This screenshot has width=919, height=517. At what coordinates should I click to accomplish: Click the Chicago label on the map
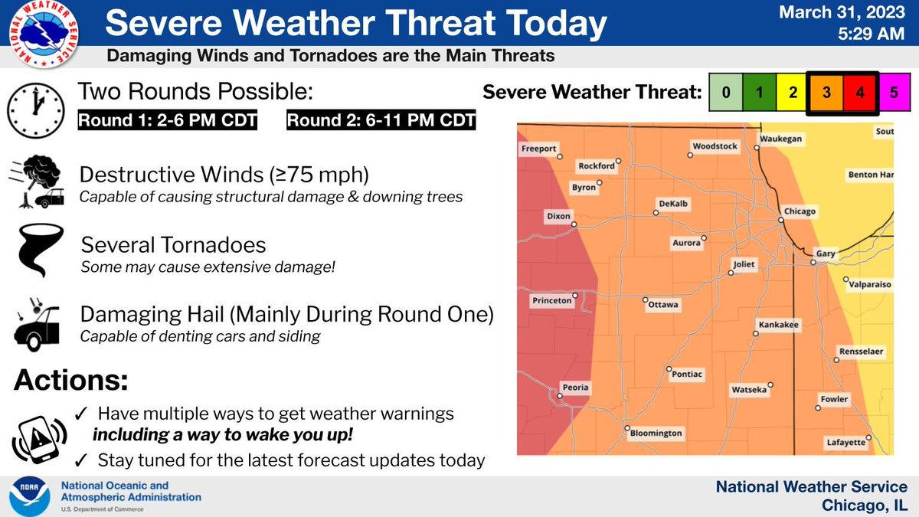[x=800, y=211]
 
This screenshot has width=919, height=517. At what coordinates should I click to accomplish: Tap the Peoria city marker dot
[x=560, y=396]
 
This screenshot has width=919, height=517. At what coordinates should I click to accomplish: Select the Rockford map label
[x=597, y=165]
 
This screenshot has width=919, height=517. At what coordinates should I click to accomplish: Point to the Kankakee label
[x=778, y=325]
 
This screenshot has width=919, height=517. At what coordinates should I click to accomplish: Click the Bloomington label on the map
[x=656, y=433]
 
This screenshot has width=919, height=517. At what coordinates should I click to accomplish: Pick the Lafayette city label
[x=846, y=443]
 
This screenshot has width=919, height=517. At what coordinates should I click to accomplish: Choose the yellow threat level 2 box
[x=793, y=93]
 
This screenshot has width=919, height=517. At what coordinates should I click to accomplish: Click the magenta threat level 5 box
[x=894, y=93]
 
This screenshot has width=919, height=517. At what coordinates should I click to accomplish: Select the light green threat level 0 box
[x=726, y=93]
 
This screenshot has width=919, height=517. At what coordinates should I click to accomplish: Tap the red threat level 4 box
[x=860, y=93]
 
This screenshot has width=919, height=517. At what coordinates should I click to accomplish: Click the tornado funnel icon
[x=40, y=250]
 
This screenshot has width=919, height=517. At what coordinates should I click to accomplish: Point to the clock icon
[x=36, y=110]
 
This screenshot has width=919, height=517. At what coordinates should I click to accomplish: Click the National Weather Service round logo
[x=44, y=33]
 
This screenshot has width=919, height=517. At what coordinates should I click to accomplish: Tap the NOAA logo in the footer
[x=30, y=496]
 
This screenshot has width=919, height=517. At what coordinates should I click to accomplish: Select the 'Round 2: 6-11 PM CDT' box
[x=381, y=119]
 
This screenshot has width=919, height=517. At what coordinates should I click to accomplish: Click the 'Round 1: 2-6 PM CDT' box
[x=168, y=119]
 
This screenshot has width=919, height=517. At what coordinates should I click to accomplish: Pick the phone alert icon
[x=39, y=440]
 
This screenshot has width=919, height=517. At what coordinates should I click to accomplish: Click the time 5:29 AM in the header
[x=871, y=34]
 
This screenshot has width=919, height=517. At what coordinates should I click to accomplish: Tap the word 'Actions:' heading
[x=71, y=380]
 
